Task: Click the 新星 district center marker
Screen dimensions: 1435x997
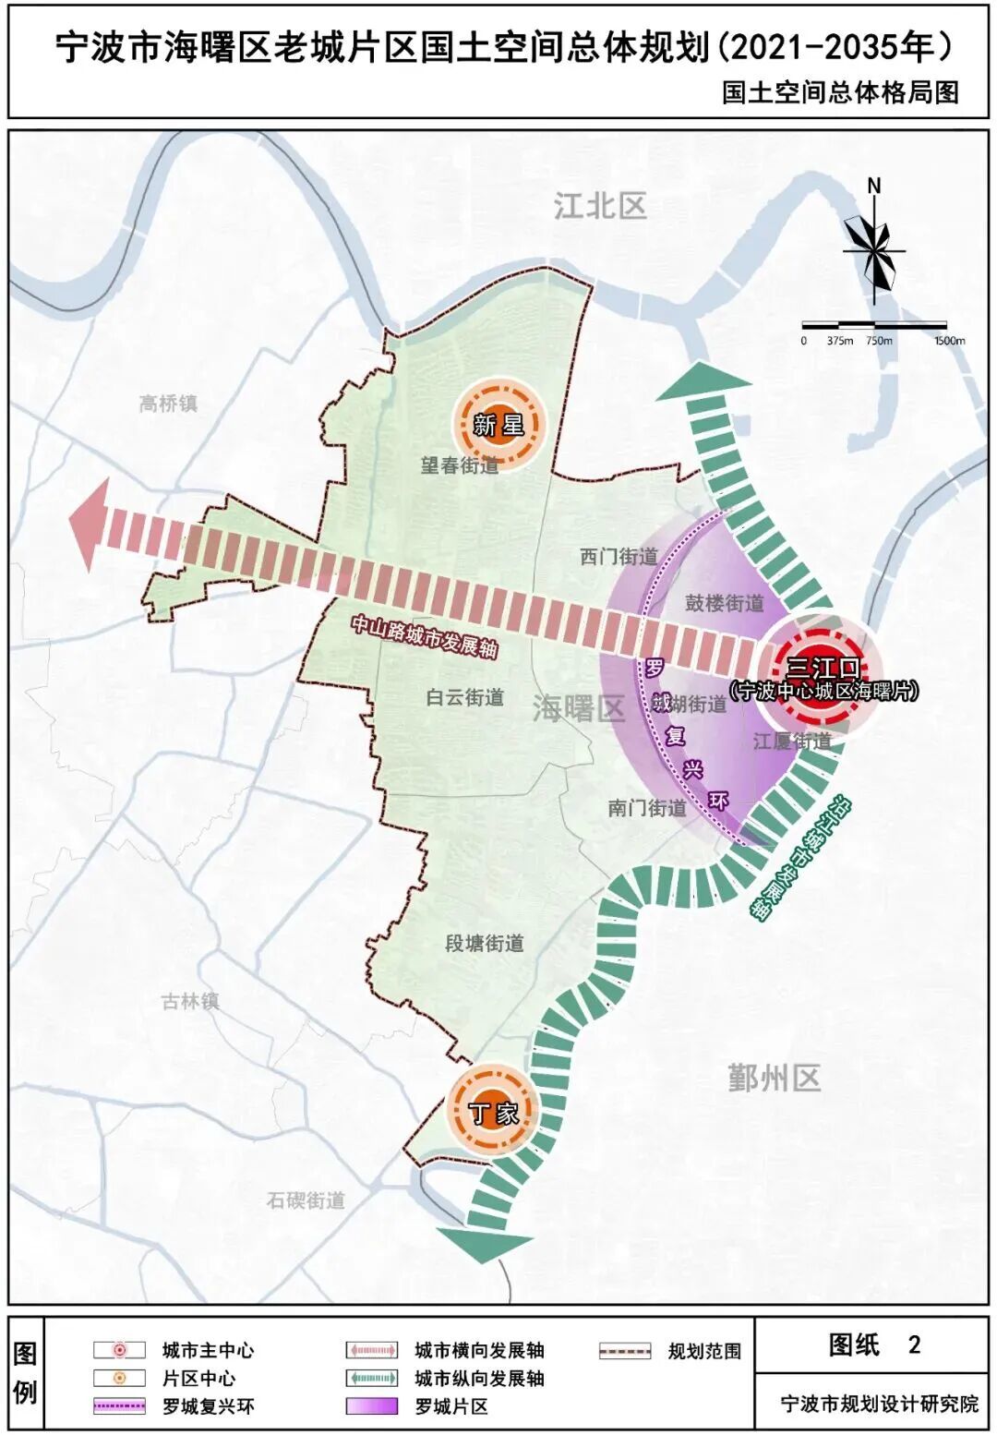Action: (x=498, y=424)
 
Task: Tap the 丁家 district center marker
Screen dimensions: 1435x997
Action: (x=493, y=1111)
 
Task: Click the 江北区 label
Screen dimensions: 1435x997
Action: (x=600, y=206)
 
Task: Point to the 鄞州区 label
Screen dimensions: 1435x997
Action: (x=774, y=1078)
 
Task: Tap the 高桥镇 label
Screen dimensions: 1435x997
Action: (x=168, y=404)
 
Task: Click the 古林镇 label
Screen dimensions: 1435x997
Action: (x=190, y=1001)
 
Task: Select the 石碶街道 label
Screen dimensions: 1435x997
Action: (x=306, y=1200)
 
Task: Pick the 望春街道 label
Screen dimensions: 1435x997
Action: (x=460, y=465)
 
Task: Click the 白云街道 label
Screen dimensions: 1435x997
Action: (x=465, y=697)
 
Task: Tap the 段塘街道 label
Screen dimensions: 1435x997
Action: (x=484, y=944)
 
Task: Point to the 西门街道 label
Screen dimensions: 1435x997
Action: (x=619, y=557)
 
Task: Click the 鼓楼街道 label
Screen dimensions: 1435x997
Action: (x=725, y=604)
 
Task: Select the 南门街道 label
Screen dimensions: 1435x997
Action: (x=647, y=808)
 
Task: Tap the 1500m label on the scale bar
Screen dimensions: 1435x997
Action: (x=949, y=341)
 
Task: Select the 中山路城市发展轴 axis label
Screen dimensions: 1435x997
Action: (x=425, y=636)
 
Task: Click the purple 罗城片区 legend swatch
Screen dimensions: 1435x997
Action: (x=372, y=1406)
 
